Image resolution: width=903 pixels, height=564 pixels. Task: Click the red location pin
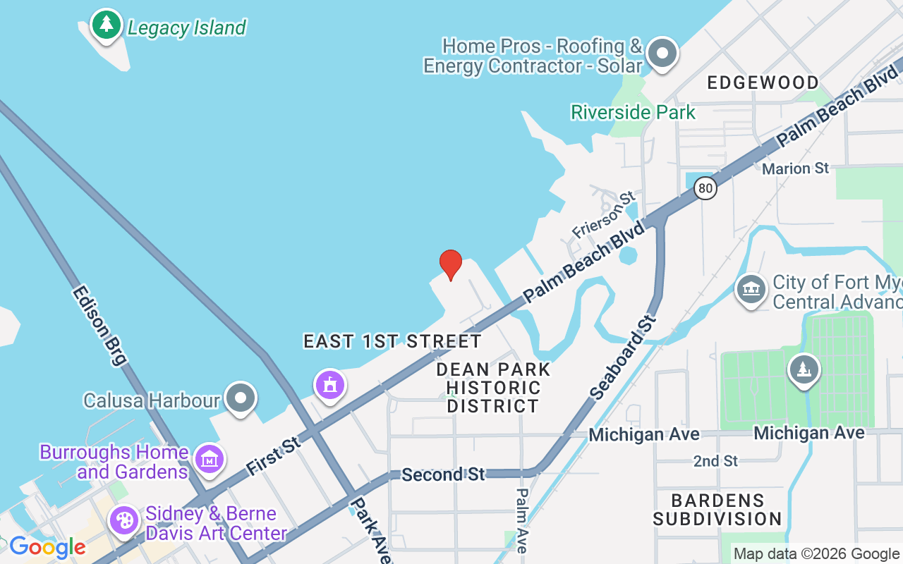[x=451, y=264]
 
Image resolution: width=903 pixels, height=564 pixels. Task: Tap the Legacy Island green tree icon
[x=107, y=25]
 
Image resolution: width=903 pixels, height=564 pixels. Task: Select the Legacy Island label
[x=186, y=28]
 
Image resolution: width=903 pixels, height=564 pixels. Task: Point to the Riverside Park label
[x=633, y=112]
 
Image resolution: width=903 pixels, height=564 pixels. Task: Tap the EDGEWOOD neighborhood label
[x=763, y=82]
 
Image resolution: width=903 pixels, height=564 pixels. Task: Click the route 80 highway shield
[x=705, y=188]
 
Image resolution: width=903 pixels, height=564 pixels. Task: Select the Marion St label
[x=795, y=168]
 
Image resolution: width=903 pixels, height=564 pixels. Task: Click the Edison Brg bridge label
[x=99, y=325]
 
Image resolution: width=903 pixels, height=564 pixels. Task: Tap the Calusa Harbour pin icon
[x=241, y=398]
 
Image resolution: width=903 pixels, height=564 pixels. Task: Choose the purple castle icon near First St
[x=330, y=385]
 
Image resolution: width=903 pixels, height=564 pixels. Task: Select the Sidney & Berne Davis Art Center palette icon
[x=124, y=520]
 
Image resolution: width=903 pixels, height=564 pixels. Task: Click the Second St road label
[x=443, y=474]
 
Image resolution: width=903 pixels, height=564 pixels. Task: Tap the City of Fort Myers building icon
[x=751, y=289]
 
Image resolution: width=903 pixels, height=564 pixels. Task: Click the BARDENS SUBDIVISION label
[x=717, y=510]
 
